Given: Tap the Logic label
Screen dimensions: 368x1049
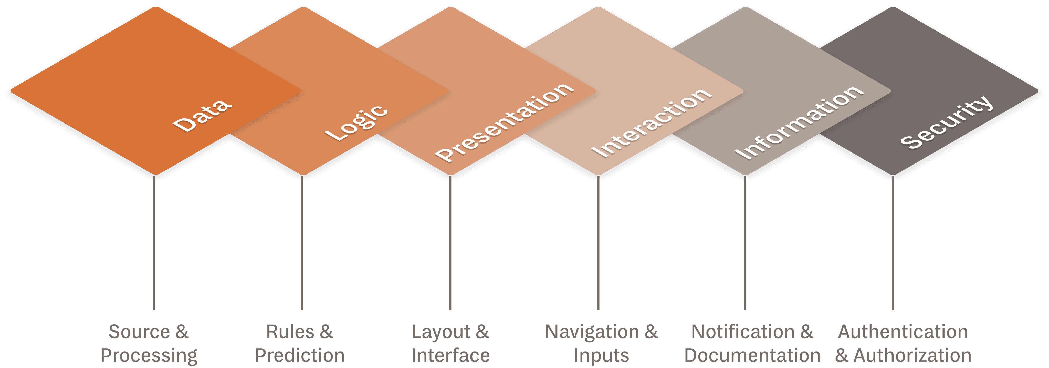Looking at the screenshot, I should [x=356, y=123].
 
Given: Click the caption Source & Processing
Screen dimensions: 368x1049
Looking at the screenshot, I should [x=149, y=343].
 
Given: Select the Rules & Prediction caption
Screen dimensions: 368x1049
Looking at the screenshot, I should [x=300, y=343].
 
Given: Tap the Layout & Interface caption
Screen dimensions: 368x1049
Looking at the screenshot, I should [x=450, y=343].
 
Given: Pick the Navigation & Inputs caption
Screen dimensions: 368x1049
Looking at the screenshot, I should [x=601, y=343].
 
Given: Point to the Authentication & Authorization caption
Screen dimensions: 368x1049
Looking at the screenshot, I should [x=903, y=343].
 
